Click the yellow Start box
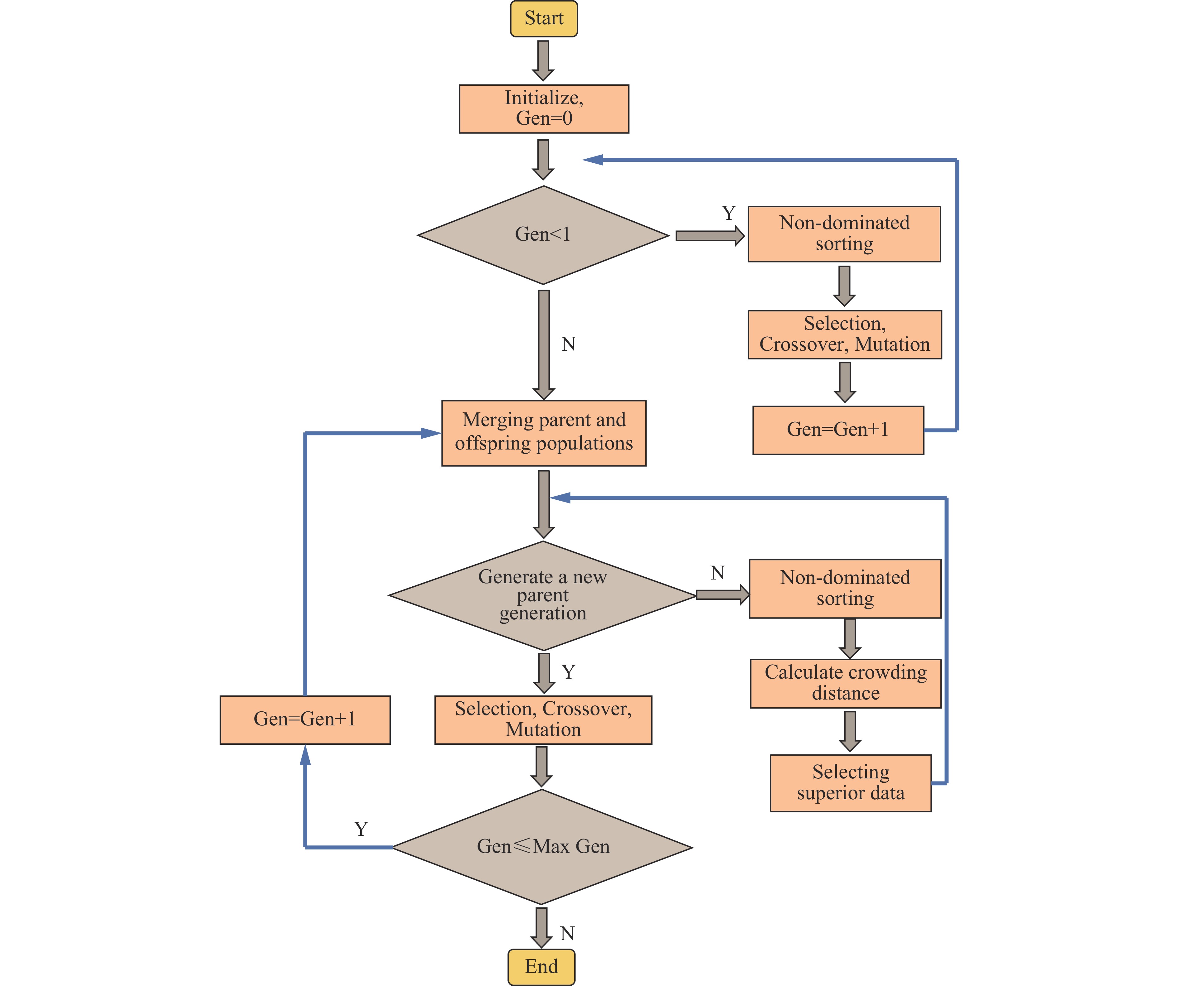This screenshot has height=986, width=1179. coord(543,18)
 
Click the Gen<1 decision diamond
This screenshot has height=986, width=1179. coord(543,234)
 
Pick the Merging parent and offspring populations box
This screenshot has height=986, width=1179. coord(543,433)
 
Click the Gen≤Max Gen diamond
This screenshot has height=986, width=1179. coord(542,846)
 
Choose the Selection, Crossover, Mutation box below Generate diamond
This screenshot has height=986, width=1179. coord(543,719)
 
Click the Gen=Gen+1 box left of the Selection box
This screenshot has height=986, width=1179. coord(305,719)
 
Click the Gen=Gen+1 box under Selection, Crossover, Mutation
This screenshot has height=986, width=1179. coord(838,430)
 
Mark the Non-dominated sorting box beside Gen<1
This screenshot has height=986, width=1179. coord(844,233)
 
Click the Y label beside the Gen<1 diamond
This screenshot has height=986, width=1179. coord(728,213)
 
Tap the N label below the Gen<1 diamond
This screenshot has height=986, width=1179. coord(568,344)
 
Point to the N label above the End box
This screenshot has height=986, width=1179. coord(567,933)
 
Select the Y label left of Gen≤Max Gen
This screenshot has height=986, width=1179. coord(361,829)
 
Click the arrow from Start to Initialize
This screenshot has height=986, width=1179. coord(543,60)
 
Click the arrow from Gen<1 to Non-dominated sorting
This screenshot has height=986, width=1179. coord(709,236)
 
